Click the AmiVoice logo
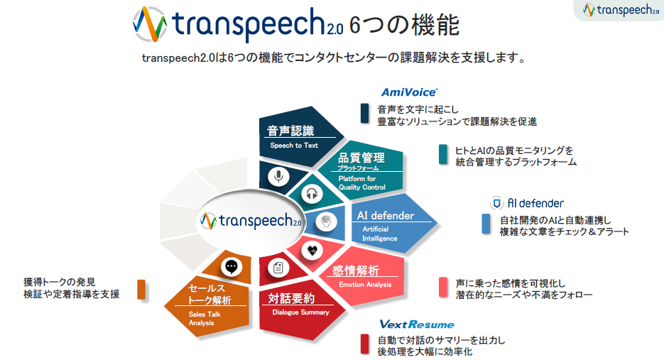pyautogui.click(x=409, y=92)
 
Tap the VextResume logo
pyautogui.click(x=417, y=324)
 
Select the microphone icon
pyautogui.click(x=278, y=176)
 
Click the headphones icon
pyautogui.click(x=312, y=194)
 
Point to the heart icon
pyautogui.click(x=312, y=250)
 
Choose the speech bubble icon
pyautogui.click(x=232, y=267)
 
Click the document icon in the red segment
pyautogui.click(x=278, y=268)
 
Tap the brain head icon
pyautogui.click(x=326, y=221)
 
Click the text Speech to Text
pyautogui.click(x=294, y=146)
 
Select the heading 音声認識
pyautogui.click(x=290, y=131)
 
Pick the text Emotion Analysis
pyautogui.click(x=365, y=285)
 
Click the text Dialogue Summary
pyautogui.click(x=300, y=312)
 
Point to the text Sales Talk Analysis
pyautogui.click(x=205, y=319)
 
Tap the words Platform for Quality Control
pyautogui.click(x=362, y=183)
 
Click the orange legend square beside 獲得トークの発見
pyautogui.click(x=141, y=290)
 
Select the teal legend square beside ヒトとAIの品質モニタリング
pyautogui.click(x=443, y=154)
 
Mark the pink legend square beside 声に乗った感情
pyautogui.click(x=443, y=287)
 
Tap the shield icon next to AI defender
pyautogui.click(x=496, y=203)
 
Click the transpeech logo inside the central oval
pyautogui.click(x=251, y=221)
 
